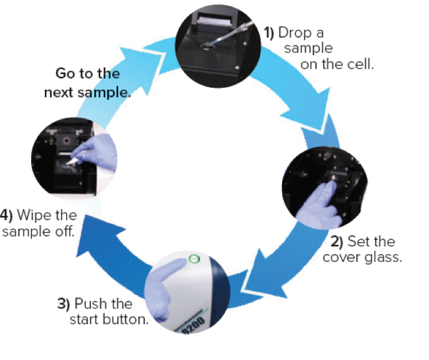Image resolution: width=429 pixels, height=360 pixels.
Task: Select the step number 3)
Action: [x=64, y=303]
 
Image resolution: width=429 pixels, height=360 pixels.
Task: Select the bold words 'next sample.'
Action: [x=88, y=92]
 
